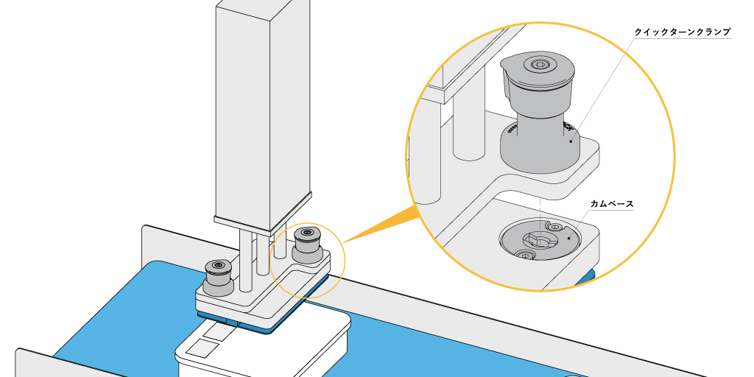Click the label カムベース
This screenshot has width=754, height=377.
(x=612, y=203)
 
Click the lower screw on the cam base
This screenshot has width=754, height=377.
(x=525, y=255)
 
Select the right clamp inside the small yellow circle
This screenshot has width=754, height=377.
(x=306, y=244)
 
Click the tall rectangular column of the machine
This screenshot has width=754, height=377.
(x=261, y=110)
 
